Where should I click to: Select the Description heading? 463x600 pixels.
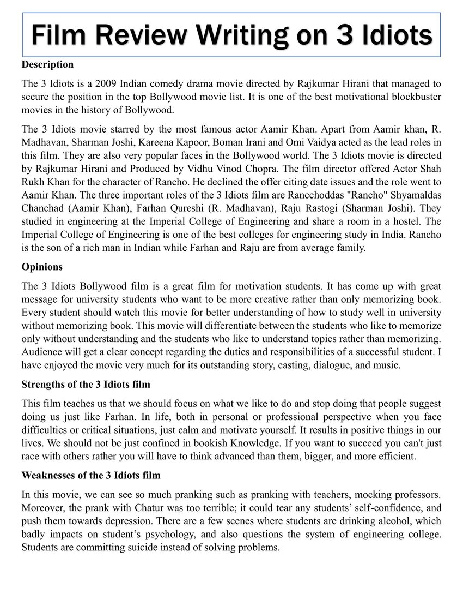[x=47, y=64]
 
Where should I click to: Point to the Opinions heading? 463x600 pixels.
[x=42, y=267]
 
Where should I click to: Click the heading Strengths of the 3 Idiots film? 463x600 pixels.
[x=86, y=385]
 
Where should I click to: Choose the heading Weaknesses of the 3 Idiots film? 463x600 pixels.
[x=91, y=475]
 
